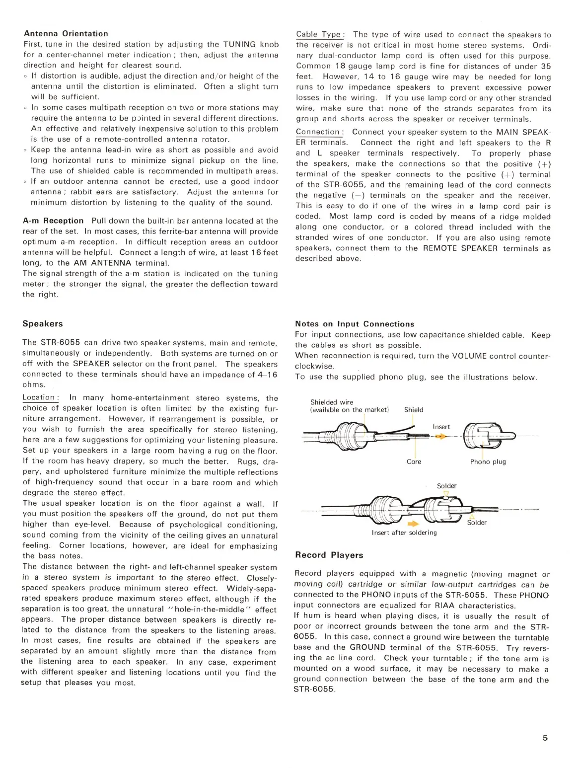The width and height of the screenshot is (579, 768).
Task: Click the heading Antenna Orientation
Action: coord(66,34)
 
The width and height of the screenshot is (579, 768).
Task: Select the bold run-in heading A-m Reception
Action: coord(53,221)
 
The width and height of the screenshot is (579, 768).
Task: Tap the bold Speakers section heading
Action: coord(43,324)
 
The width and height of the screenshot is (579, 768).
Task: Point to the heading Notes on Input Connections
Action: coord(354,324)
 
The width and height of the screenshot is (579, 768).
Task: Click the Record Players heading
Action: coord(329,555)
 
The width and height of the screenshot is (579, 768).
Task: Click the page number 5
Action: coord(545,738)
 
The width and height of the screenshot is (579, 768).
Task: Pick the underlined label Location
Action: coord(39,397)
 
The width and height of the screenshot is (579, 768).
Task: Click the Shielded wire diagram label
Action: coord(331,402)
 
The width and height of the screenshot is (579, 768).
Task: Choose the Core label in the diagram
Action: coord(414,461)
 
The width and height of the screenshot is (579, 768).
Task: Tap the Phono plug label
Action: coord(488,461)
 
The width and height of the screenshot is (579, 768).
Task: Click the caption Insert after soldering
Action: coord(404,533)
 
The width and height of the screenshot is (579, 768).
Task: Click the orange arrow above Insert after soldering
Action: coord(413,523)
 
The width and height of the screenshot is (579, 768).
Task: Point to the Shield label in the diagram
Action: coord(414,410)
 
